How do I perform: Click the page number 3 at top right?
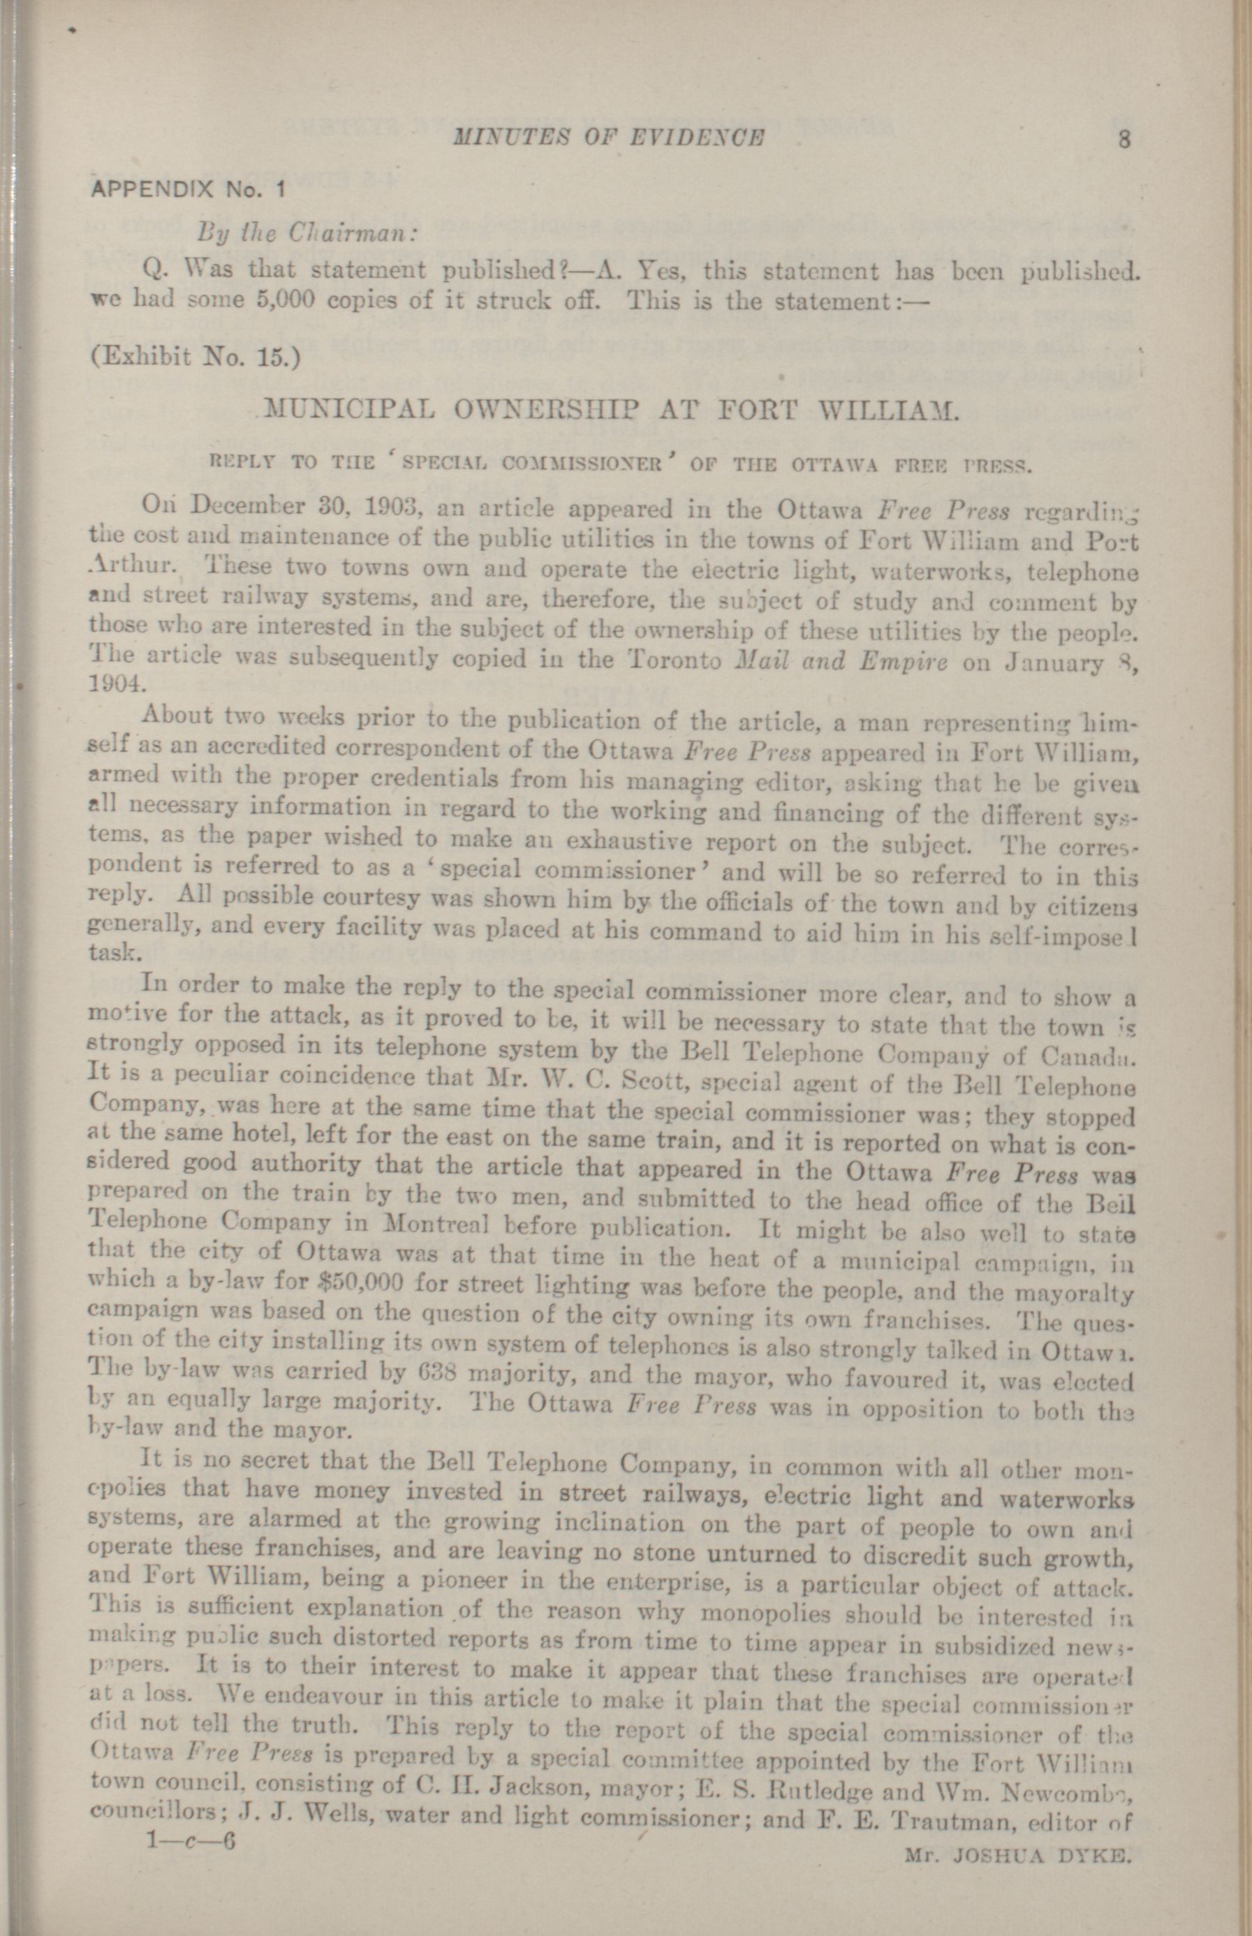(1124, 139)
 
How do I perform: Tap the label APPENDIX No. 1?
(189, 191)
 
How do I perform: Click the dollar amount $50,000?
(360, 1287)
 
